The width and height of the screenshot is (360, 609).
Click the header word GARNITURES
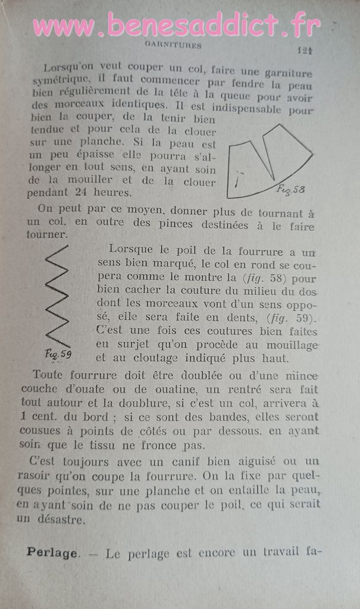(173, 45)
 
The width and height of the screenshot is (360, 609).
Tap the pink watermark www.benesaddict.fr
(177, 25)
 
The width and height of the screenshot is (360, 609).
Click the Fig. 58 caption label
(290, 189)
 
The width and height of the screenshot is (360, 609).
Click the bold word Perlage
(52, 553)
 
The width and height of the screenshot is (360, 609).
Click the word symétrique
(61, 79)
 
